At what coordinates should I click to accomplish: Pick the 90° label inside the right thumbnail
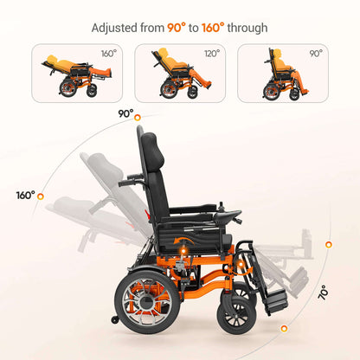point(315,54)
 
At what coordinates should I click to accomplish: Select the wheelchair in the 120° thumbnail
point(177,74)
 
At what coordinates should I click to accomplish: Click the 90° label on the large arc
point(125,113)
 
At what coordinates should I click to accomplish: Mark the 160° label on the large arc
point(24,195)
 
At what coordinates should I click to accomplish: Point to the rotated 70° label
point(323,292)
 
